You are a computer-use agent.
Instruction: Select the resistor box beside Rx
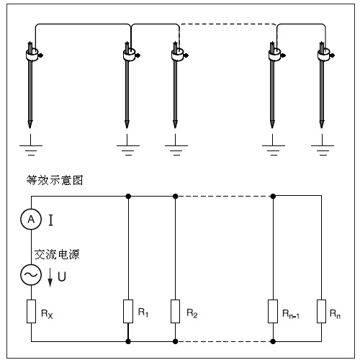31,311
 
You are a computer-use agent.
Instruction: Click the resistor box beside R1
128,311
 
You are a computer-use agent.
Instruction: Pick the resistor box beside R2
175,311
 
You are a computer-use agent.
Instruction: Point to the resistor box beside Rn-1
273,311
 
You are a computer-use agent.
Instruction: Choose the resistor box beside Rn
321,311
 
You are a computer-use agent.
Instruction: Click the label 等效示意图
55,180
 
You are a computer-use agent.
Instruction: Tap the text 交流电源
57,254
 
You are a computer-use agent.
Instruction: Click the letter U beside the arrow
62,276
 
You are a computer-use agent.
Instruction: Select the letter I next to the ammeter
50,220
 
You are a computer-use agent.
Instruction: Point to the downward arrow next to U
50,277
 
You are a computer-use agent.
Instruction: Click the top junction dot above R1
128,197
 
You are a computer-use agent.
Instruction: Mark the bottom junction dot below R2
176,341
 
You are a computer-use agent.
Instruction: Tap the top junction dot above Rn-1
273,197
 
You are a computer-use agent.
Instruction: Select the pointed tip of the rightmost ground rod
322,127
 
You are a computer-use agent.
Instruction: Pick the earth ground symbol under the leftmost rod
31,145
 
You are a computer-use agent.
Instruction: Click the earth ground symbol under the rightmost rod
323,145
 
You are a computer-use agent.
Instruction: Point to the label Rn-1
291,314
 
